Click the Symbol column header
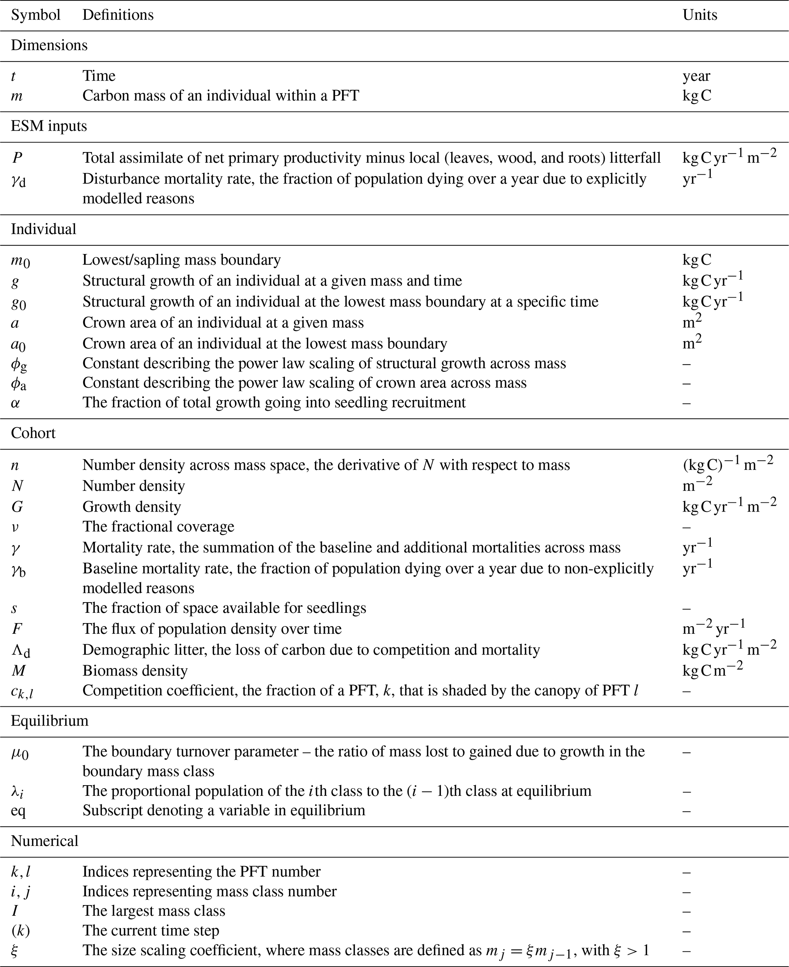[x=35, y=15]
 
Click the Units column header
[x=700, y=15]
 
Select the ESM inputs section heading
[x=48, y=126]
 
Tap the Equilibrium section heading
[x=50, y=721]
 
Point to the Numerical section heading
[x=45, y=841]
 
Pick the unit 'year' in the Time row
[x=696, y=76]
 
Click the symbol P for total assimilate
[x=17, y=158]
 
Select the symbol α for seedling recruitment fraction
[x=15, y=403]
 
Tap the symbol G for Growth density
[x=17, y=507]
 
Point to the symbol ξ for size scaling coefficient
[x=15, y=950]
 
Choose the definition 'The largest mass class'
[x=153, y=911]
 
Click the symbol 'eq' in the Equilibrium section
[x=18, y=810]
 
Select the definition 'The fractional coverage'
[x=158, y=527]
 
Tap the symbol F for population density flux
[x=17, y=629]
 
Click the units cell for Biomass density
[x=712, y=671]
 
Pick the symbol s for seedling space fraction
[x=14, y=609]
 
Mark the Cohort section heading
[x=33, y=433]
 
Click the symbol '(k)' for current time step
[x=21, y=931]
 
